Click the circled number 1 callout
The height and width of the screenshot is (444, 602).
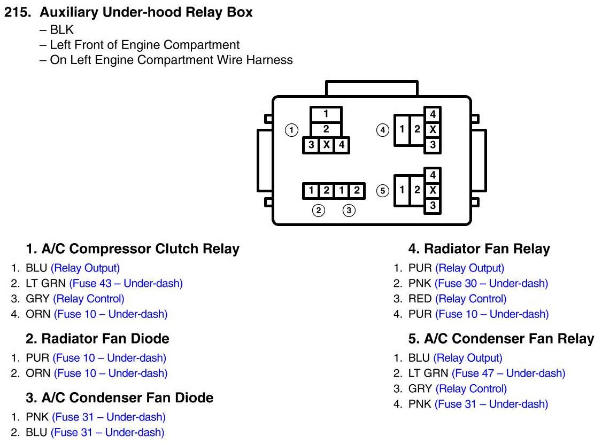pyautogui.click(x=291, y=129)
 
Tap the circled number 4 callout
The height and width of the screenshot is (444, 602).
pyautogui.click(x=382, y=129)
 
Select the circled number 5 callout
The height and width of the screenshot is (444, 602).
pyautogui.click(x=382, y=190)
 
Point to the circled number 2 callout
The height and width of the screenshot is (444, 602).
pyautogui.click(x=319, y=211)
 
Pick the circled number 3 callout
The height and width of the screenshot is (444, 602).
pyautogui.click(x=349, y=211)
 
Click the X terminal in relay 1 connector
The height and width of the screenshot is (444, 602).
pyautogui.click(x=326, y=144)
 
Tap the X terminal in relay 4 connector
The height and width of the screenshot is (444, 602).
pyautogui.click(x=433, y=129)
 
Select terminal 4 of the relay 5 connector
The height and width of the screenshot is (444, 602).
pyautogui.click(x=433, y=175)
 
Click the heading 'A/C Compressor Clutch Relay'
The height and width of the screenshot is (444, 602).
pyautogui.click(x=133, y=248)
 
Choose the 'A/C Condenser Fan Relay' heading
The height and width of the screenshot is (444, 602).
pyautogui.click(x=501, y=338)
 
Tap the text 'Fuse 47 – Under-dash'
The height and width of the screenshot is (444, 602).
pyautogui.click(x=508, y=373)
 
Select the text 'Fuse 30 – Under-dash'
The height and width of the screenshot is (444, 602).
pyautogui.click(x=491, y=284)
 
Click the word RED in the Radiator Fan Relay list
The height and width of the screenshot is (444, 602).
pyautogui.click(x=420, y=299)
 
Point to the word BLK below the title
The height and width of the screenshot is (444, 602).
pyautogui.click(x=62, y=30)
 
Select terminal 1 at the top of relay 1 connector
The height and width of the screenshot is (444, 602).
pyautogui.click(x=326, y=114)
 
